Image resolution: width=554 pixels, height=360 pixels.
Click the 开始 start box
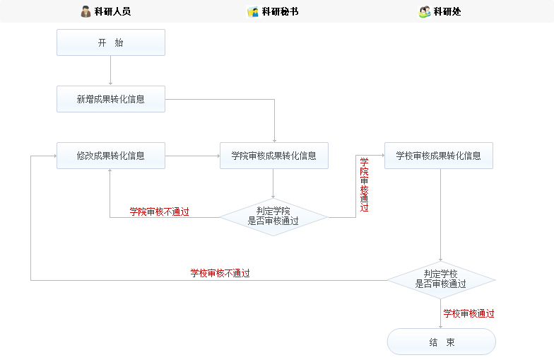110,42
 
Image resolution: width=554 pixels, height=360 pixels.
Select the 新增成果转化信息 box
110,99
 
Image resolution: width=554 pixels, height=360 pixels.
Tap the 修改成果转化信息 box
110,156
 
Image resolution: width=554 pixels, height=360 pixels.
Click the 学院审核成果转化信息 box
273,156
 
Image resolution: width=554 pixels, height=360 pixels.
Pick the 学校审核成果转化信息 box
438,156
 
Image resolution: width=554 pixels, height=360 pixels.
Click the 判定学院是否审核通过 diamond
273,216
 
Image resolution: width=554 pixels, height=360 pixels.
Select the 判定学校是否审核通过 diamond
440,279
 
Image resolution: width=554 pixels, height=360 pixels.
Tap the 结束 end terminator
441,342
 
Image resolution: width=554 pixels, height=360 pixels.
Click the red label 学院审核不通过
159,211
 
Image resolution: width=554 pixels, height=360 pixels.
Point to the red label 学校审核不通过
220,273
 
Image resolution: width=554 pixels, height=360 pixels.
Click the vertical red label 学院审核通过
364,185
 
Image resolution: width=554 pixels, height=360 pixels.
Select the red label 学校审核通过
468,313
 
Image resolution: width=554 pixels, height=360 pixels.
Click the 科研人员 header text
112,11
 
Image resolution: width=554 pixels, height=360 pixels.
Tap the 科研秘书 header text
280,11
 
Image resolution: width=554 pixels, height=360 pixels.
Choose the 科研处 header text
447,11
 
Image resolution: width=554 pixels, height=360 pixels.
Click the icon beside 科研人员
86,11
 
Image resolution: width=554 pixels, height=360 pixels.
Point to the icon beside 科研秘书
252,11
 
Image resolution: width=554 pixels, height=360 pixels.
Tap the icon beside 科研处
424,11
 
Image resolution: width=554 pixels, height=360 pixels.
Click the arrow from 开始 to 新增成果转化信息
110,71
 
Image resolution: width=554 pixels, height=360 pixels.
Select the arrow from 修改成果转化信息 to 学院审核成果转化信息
192,156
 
